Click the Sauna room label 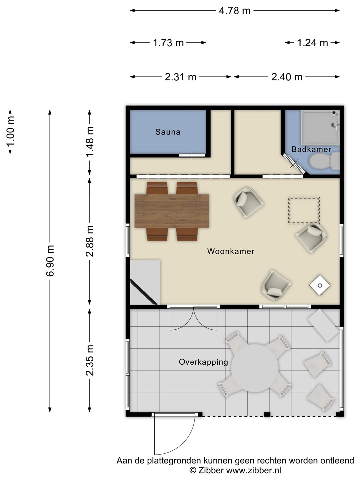168,132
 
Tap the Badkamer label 311,149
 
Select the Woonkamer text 231,251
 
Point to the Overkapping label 203,362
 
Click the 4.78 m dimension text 235,11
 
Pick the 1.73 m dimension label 168,43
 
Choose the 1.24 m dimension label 312,43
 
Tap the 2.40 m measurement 287,77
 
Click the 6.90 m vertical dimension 50,261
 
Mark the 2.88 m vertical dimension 90,241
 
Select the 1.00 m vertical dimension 10,132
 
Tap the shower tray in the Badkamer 320,128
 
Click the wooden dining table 172,211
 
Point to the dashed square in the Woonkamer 304,210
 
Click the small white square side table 320,285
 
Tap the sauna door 192,155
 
